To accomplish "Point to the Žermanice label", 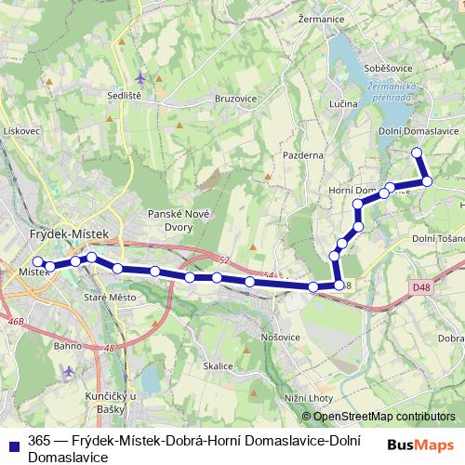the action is [322, 17].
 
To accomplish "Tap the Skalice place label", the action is [218, 366].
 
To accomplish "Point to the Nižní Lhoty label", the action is [310, 397].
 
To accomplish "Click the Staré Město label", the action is [109, 298].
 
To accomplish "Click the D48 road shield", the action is [422, 288].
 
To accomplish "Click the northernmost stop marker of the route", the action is [417, 152].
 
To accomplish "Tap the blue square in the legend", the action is [11, 444].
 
